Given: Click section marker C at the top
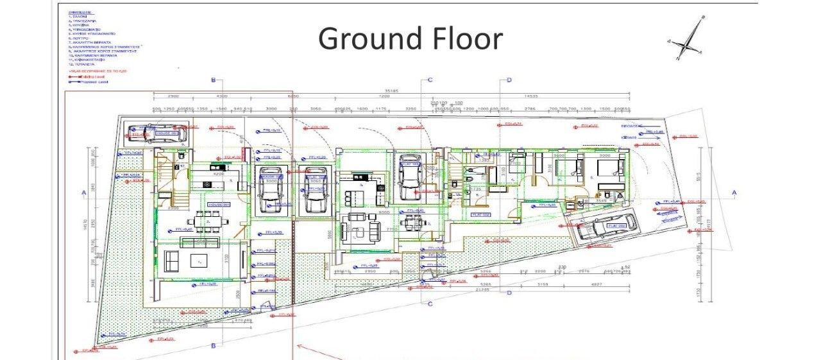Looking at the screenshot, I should point(430,80).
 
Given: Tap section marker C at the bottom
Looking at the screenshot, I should point(430,304).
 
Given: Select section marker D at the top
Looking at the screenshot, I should point(509,80).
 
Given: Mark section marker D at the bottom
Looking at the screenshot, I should point(509,293).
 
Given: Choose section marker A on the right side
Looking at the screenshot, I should point(734,193).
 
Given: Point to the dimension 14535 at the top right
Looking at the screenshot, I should point(531,96).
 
